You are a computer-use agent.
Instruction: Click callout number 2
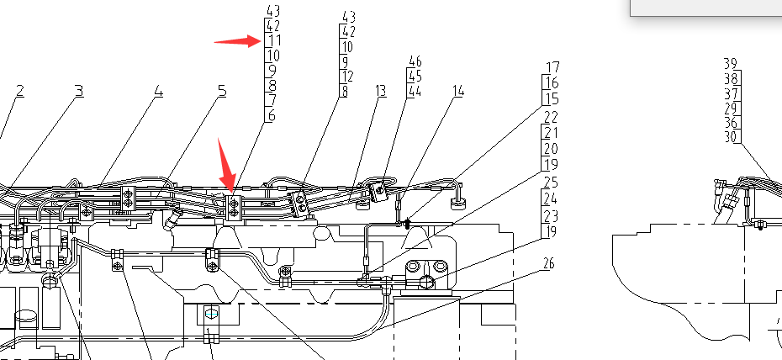pos(19,91)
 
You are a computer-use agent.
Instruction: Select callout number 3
pos(78,91)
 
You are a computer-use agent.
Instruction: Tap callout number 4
pos(158,91)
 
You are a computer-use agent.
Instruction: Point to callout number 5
pos(222,91)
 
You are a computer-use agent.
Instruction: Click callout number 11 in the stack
pos(273,40)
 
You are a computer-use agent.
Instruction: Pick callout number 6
pos(271,116)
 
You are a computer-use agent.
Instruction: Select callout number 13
pos(380,91)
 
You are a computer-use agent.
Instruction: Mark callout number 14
pos(458,91)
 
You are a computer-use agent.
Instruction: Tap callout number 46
pos(415,61)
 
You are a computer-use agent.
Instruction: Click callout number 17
pos(552,67)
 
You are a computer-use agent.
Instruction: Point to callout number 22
pos(551,117)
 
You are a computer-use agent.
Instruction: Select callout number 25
pos(551,183)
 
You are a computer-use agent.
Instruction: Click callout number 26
pos(549,264)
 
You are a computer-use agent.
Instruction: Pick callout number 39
pos(731,63)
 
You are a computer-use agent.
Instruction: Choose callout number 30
pos(731,136)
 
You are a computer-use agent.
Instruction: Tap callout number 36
pos(731,122)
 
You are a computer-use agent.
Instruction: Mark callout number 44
pos(415,91)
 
